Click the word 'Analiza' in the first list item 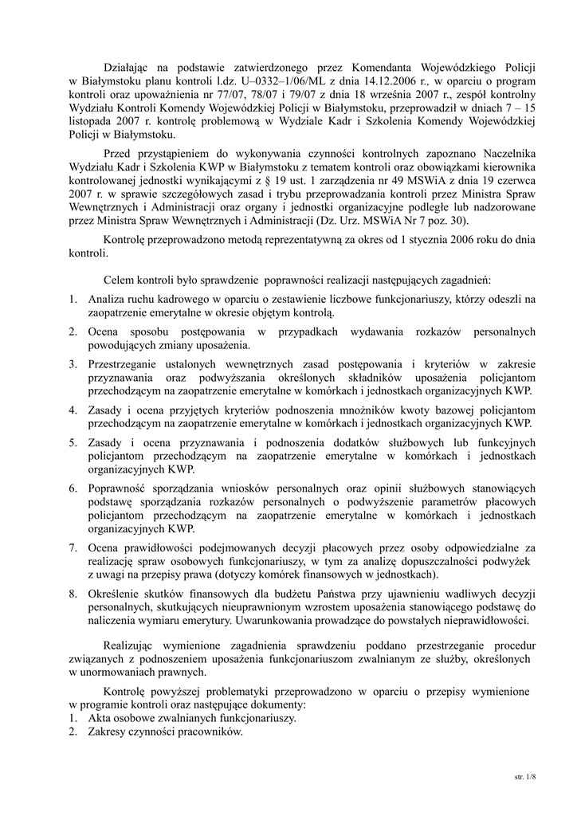click(108, 299)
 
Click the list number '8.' click(73, 594)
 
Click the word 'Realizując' click(131, 645)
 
